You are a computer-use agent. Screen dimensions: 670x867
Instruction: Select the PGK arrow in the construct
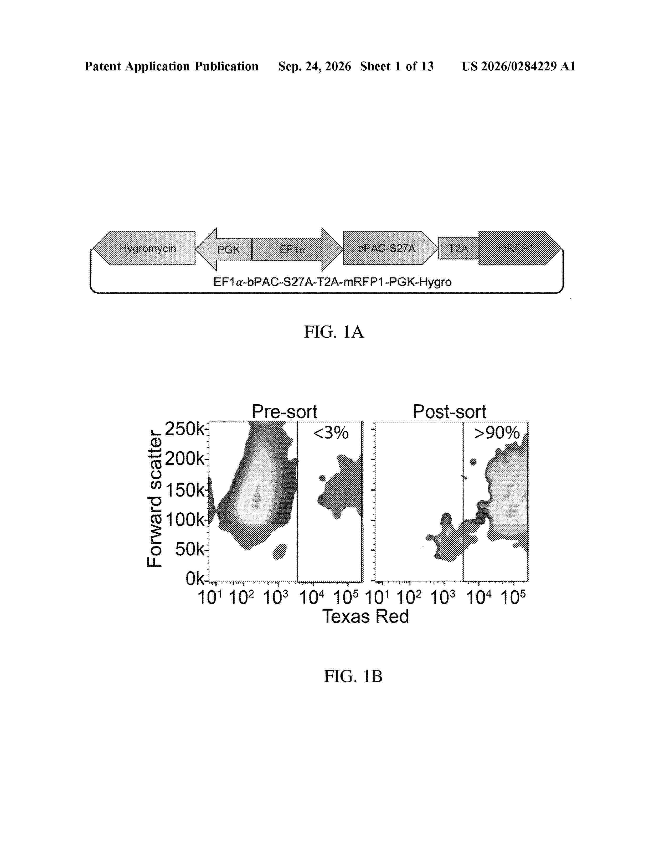(x=224, y=249)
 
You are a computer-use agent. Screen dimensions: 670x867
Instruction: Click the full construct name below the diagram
(x=332, y=282)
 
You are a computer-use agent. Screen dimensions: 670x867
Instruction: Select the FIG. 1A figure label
(x=333, y=332)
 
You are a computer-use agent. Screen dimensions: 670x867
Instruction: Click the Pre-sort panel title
(x=285, y=412)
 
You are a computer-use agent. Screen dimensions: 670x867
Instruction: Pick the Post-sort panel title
(x=449, y=412)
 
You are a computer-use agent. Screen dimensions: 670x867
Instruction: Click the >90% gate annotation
(x=497, y=433)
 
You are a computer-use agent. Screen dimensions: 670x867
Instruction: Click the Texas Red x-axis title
(x=365, y=617)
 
